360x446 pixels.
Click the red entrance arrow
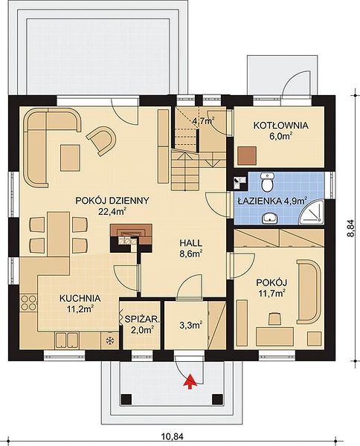click(x=190, y=381)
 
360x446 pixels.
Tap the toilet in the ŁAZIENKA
click(x=268, y=182)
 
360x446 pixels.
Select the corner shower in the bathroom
click(x=312, y=211)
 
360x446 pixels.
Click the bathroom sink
click(x=270, y=218)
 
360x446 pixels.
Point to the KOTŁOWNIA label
click(x=281, y=125)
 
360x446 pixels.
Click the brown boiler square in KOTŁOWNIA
click(x=247, y=155)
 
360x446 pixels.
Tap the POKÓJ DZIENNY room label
click(x=112, y=201)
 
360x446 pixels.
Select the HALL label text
click(x=191, y=243)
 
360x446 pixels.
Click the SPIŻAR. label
click(x=142, y=320)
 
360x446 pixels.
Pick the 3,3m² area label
click(x=191, y=325)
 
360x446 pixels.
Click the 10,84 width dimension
click(x=172, y=436)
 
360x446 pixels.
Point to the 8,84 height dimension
click(x=352, y=228)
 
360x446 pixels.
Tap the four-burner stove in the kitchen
click(x=28, y=303)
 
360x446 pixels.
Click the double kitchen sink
click(x=67, y=340)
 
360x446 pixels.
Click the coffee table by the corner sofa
click(x=70, y=158)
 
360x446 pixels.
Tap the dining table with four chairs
click(x=58, y=234)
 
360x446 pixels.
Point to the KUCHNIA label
click(x=80, y=298)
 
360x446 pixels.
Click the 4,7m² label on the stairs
click(x=204, y=121)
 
